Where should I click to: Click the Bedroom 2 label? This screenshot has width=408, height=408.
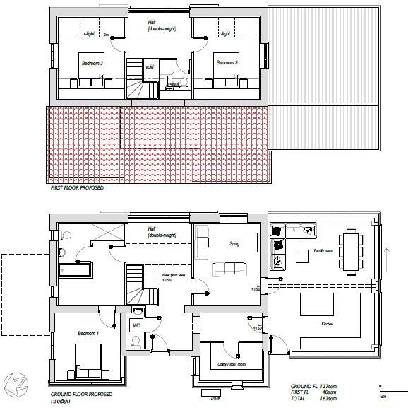[92, 64]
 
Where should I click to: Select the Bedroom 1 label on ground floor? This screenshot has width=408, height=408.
[89, 333]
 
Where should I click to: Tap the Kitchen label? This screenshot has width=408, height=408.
[326, 325]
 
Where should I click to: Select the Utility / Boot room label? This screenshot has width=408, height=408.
[232, 365]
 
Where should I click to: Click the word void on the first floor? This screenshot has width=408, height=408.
[150, 67]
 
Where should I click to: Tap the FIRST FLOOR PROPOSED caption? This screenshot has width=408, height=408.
[77, 188]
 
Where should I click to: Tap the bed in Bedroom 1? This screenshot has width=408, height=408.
[86, 361]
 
